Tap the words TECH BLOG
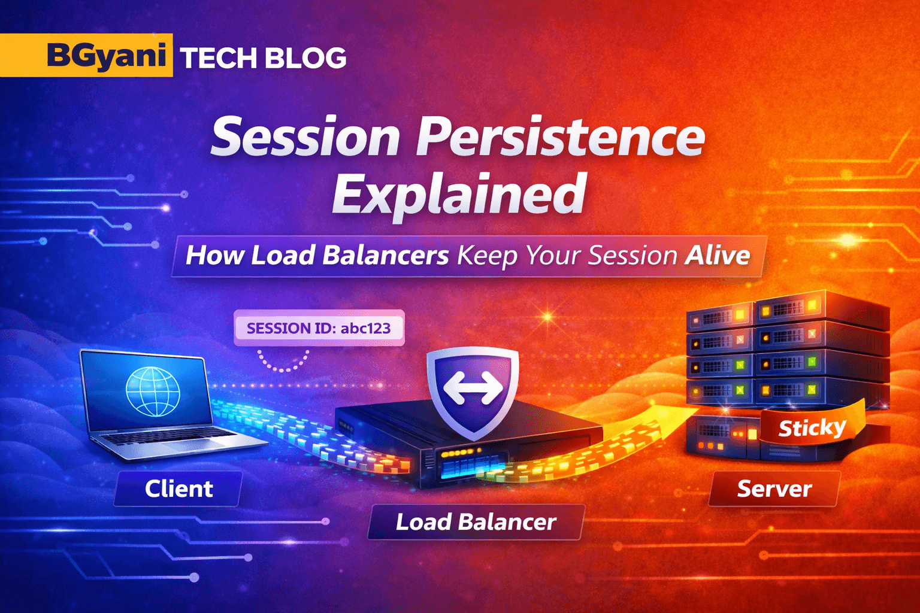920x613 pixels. (263, 58)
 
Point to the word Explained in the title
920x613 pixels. (458, 195)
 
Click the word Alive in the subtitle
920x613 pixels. (718, 256)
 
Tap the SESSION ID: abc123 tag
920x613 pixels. (319, 328)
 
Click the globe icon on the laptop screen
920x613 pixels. (153, 391)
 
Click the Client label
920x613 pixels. (178, 489)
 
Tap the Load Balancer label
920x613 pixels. (476, 522)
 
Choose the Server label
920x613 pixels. (774, 489)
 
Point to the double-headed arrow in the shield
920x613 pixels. (473, 388)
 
